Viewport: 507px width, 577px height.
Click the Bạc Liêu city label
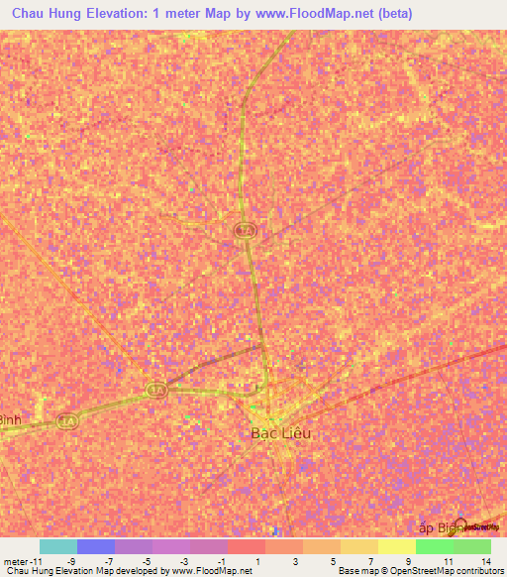click(275, 433)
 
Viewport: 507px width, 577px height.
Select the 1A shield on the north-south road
click(244, 230)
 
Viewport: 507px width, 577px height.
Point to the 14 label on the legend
click(485, 560)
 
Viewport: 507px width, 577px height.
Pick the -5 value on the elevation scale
click(146, 560)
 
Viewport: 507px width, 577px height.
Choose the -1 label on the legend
click(221, 560)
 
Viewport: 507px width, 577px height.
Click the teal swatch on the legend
click(57, 546)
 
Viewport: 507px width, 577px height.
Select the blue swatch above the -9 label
click(95, 546)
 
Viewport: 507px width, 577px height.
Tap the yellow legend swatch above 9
click(396, 546)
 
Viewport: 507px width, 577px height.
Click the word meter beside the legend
click(13, 560)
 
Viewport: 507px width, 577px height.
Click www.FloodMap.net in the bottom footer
click(210, 571)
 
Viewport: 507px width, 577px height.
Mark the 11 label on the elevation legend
click(448, 560)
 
